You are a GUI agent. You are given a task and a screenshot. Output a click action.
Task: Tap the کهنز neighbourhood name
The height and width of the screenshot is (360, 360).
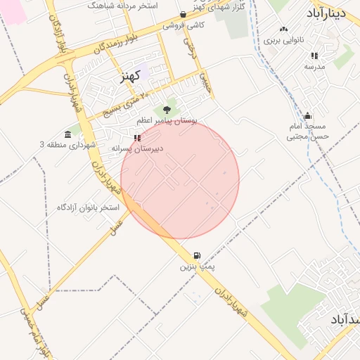[x=127, y=77]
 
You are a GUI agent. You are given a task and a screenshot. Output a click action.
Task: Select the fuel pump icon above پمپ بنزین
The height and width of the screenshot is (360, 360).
[x=196, y=255]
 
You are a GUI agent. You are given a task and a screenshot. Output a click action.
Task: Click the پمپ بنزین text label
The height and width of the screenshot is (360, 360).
[x=197, y=267]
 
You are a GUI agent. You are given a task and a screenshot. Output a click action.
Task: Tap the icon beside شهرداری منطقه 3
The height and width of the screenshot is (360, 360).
[x=68, y=134]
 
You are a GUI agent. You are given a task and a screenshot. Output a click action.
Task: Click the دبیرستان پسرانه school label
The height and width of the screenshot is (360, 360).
[x=137, y=149]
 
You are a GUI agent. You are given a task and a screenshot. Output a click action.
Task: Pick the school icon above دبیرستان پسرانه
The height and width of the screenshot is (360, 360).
[x=136, y=138]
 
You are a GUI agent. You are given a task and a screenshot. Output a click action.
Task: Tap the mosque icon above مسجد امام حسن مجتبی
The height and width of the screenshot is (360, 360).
[x=307, y=116]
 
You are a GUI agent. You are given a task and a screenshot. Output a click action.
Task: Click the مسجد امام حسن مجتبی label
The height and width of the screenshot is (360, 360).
[x=307, y=131]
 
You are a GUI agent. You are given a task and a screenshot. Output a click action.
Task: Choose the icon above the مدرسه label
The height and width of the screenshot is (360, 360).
[x=314, y=55]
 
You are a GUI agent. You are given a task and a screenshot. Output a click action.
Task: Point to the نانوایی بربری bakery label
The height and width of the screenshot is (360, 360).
[x=285, y=41]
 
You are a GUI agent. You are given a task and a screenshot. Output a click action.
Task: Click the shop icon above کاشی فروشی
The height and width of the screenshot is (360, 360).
[x=184, y=14]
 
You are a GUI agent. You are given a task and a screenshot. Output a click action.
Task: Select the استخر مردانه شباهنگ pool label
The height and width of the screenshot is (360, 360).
[x=122, y=5]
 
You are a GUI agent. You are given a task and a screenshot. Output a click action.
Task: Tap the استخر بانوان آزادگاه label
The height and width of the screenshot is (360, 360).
[x=89, y=208]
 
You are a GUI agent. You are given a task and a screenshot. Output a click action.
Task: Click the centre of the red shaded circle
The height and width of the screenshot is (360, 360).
[x=180, y=180]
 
